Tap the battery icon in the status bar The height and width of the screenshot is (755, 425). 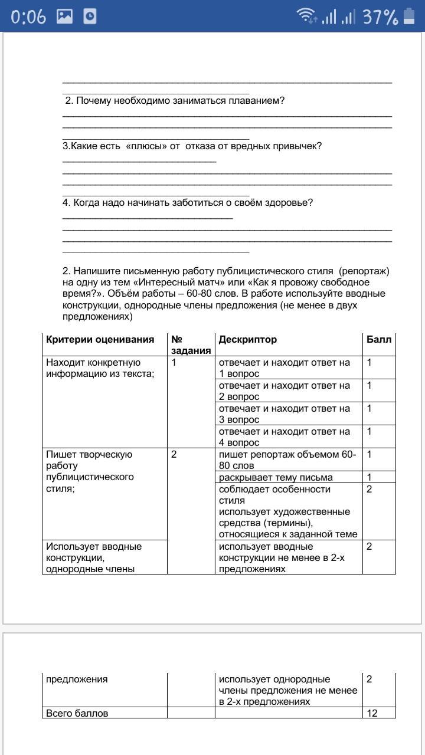409,17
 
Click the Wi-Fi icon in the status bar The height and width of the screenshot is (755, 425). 306,17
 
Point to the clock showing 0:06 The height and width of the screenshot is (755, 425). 28,17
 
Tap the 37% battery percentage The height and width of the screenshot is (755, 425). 380,17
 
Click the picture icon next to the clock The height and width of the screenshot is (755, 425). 64,17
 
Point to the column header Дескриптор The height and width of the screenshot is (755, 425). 247,339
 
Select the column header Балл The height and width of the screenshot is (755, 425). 378,339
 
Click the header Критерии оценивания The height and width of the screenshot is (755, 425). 100,339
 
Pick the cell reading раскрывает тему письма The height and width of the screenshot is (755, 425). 276,477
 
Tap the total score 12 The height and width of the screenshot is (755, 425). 372,713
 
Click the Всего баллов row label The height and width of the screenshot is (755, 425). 77,713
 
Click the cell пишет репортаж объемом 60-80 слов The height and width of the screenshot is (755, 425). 287,459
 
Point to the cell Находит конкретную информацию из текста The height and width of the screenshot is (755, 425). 100,367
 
